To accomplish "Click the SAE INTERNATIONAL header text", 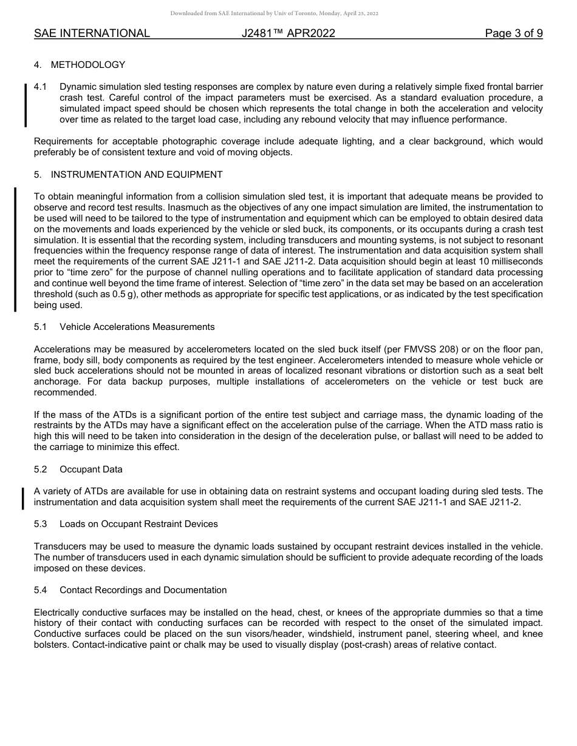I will point(92,33).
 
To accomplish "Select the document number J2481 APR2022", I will point(288,33).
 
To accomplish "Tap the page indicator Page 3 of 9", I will point(513,33).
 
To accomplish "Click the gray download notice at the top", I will point(275,13).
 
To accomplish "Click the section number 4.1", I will point(41,87).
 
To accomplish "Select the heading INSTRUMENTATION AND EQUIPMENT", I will point(137,175).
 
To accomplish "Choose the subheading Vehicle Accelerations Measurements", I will point(137,327).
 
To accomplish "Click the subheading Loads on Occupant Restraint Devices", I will point(138,524).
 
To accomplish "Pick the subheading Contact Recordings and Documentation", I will point(143,590).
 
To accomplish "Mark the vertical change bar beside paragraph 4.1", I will point(25,106).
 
